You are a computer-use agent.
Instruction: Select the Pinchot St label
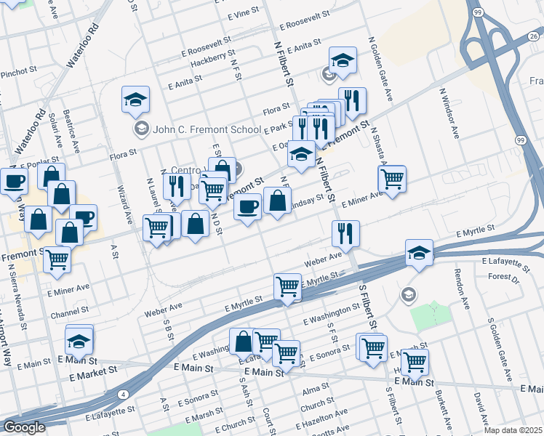(18, 72)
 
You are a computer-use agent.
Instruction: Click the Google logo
(23, 427)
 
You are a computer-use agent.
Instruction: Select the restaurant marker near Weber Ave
(345, 233)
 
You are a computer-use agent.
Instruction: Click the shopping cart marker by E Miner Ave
(393, 178)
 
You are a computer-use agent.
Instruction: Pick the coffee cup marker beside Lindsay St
(247, 206)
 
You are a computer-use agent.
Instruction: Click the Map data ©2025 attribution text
(513, 430)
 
